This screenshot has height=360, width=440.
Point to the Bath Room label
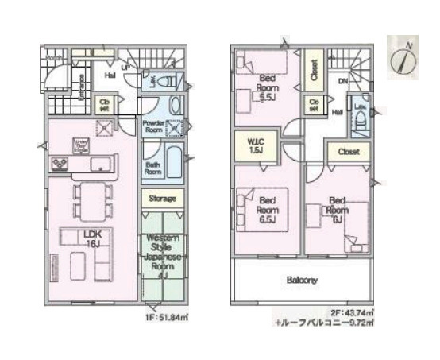(153, 168)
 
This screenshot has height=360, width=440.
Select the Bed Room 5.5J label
(266, 87)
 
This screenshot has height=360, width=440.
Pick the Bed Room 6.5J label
(265, 209)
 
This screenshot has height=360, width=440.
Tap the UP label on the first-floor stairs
(126, 68)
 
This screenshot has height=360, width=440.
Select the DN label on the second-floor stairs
(342, 82)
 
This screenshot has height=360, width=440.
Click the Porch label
(54, 59)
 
